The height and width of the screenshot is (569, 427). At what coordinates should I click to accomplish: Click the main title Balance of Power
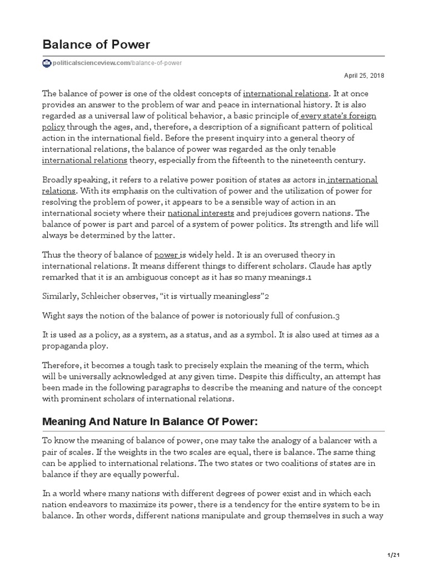96,44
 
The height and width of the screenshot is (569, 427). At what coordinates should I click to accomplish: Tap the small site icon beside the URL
46,63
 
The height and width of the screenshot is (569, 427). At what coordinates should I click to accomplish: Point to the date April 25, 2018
365,76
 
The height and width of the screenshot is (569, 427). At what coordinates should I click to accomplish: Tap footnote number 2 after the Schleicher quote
267,296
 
